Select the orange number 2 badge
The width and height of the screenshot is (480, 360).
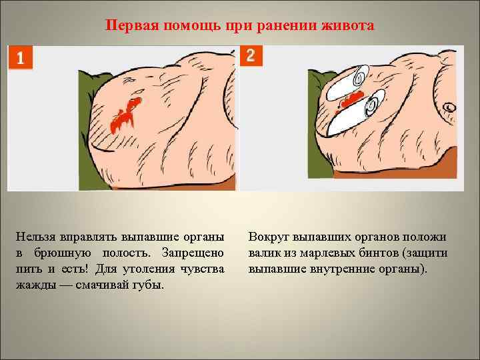250,55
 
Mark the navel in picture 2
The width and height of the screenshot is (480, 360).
451,106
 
